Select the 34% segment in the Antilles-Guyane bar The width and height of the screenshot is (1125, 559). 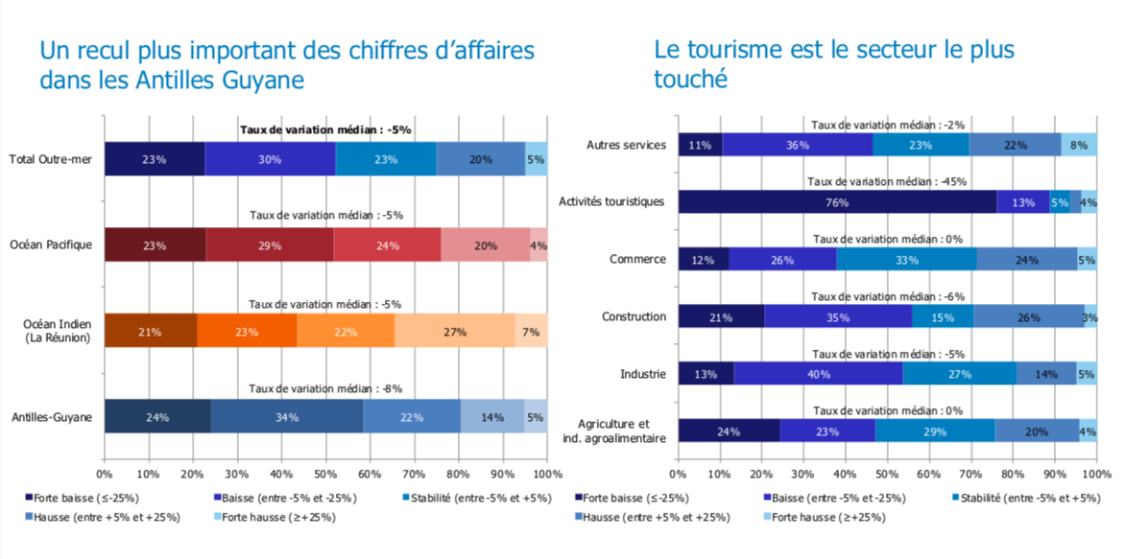(286, 417)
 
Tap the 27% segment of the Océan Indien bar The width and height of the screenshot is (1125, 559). (454, 331)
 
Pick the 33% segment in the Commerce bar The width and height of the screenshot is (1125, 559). (905, 259)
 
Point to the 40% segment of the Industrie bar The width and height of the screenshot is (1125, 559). (818, 374)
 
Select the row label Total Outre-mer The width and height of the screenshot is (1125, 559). (50, 159)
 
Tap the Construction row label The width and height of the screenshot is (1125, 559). (634, 316)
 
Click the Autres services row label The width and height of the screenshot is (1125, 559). (626, 145)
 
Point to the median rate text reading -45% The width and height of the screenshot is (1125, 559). (886, 181)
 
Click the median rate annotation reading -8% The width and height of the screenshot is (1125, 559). (324, 388)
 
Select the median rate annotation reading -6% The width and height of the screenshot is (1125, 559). (887, 296)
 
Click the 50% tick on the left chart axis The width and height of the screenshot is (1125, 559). (325, 473)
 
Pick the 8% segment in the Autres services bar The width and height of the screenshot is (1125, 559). (1079, 145)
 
